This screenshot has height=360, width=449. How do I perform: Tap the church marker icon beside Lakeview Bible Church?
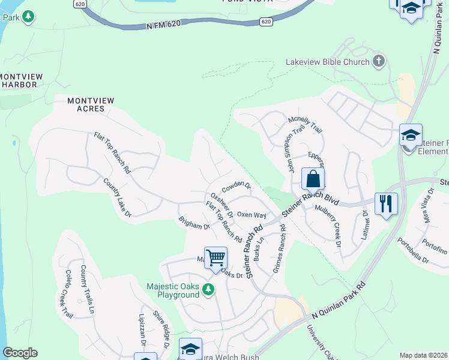pyautogui.click(x=378, y=61)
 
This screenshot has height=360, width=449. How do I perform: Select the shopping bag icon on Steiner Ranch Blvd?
pyautogui.click(x=313, y=179)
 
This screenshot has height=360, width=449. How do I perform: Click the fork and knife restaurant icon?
pyautogui.click(x=385, y=203)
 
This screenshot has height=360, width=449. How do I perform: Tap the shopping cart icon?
pyautogui.click(x=215, y=259)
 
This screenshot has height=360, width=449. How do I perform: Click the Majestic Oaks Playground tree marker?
pyautogui.click(x=208, y=290)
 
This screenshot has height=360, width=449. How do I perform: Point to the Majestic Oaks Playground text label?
pyautogui.click(x=173, y=290)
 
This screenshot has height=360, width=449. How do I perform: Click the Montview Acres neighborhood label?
pyautogui.click(x=86, y=104)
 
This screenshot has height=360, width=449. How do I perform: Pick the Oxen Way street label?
pyautogui.click(x=252, y=214)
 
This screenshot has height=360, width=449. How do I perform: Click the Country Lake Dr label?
pyautogui.click(x=116, y=197)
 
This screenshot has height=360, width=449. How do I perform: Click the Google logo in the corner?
pyautogui.click(x=20, y=352)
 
